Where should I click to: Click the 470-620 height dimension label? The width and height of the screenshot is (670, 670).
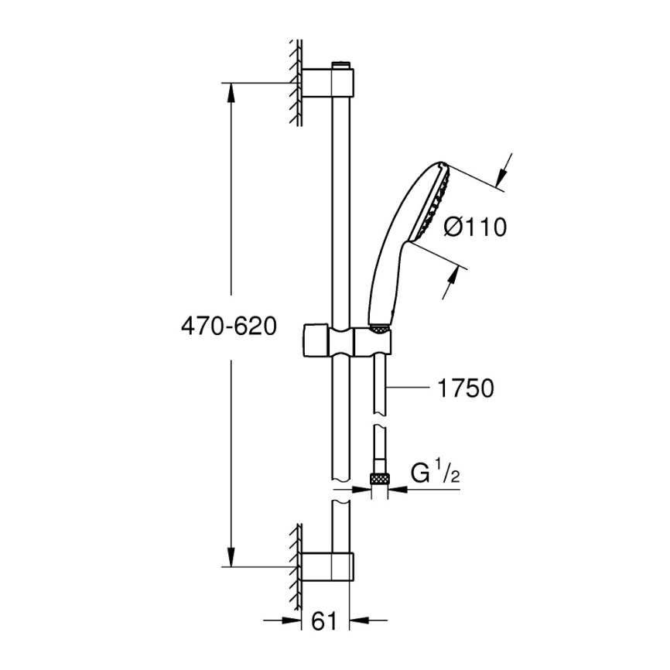pos(228,326)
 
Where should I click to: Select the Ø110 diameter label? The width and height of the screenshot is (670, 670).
pos(475,227)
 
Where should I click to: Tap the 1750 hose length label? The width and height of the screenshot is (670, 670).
pos(465,388)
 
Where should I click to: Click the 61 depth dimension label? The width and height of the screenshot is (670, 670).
pos(324,620)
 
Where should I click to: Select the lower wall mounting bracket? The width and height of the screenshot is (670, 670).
pos(328,566)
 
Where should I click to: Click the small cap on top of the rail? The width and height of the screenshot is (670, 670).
pos(340,64)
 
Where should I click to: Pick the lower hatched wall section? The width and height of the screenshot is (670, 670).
pos(296,561)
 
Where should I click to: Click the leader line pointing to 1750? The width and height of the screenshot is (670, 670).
pos(410,387)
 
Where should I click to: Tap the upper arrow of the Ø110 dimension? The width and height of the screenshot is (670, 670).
pos(504,168)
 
